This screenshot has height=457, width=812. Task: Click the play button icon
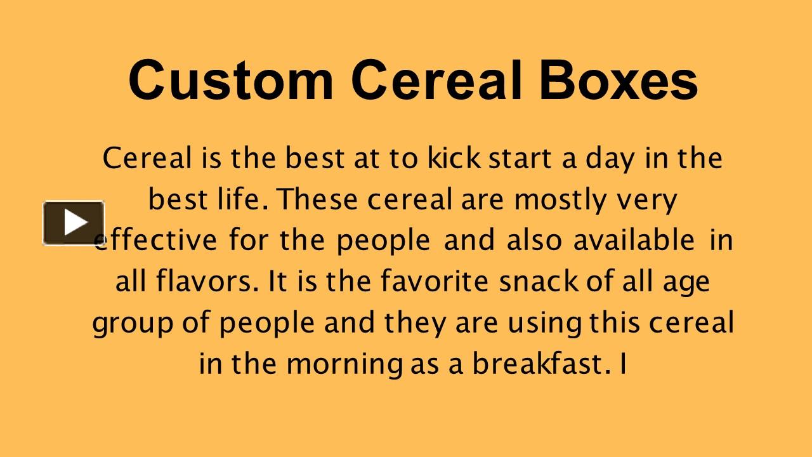click(x=74, y=223)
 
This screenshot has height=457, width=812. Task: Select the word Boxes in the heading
click(x=619, y=80)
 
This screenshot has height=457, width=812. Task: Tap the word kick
click(x=454, y=158)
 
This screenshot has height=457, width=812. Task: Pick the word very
click(x=648, y=201)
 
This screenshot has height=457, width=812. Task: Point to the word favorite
click(x=435, y=282)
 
